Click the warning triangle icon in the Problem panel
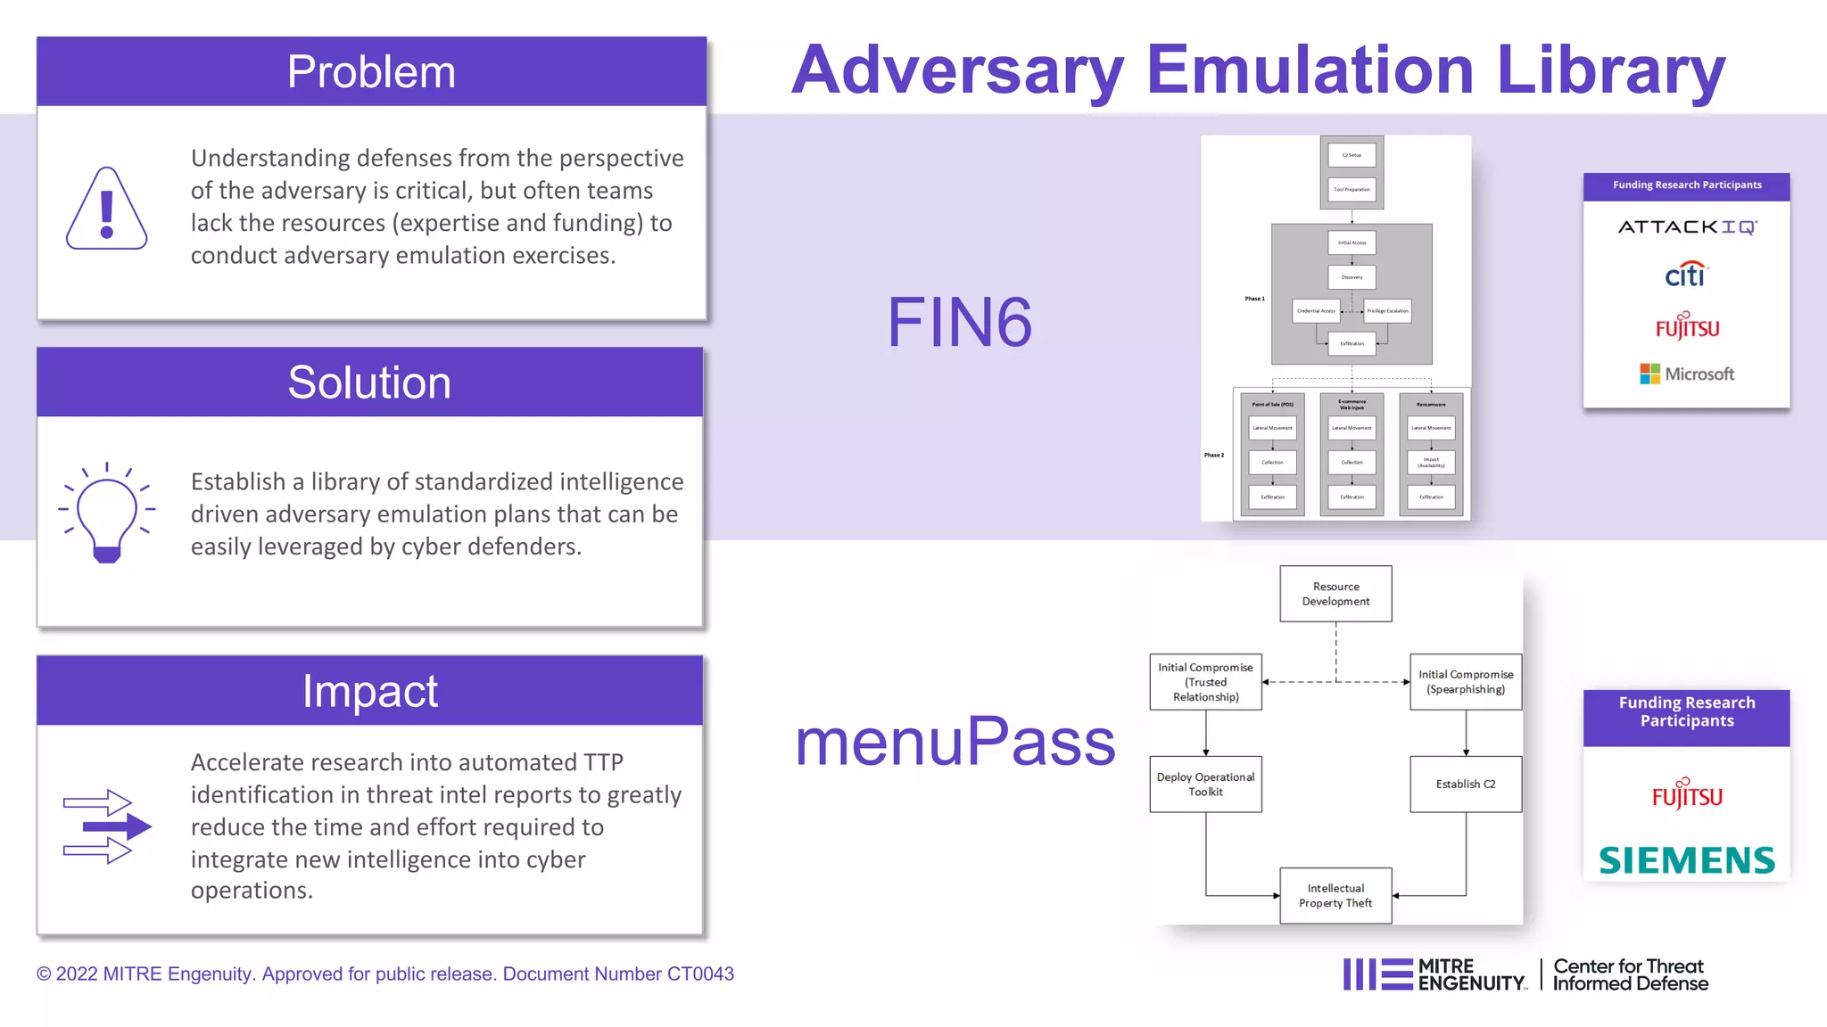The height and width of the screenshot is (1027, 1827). point(106,209)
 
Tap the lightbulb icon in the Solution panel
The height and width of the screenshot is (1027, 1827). point(107,513)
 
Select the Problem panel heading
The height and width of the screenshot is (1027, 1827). point(371,72)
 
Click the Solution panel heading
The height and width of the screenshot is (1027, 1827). point(369,382)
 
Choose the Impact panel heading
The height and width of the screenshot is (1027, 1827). point(369,691)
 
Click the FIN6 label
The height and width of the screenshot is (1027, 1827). point(959,322)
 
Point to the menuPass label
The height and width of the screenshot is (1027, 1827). point(955,741)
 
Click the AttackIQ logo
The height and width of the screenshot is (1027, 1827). point(1687,227)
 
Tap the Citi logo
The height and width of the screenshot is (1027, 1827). point(1685,275)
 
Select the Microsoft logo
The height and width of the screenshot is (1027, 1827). point(1687,374)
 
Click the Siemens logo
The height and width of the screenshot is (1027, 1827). point(1687,859)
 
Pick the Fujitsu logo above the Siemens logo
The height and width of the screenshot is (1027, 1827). point(1687,793)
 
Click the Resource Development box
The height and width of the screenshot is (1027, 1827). point(1335,594)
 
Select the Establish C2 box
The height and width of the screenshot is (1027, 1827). point(1466,784)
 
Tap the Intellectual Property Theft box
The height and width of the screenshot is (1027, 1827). point(1335,895)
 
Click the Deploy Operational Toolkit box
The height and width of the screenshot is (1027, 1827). point(1205,784)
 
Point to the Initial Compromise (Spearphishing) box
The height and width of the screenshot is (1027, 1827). point(1466,682)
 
